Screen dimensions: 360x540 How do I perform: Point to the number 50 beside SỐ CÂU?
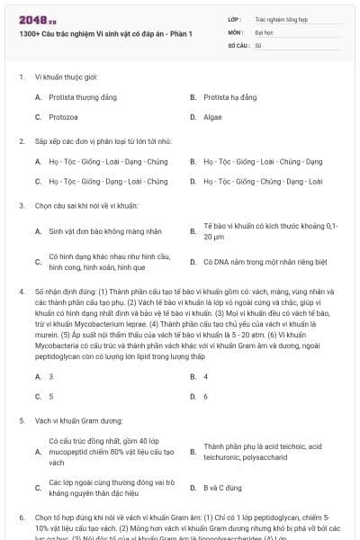point(258,45)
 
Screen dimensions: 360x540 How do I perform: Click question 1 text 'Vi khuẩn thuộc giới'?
point(72,77)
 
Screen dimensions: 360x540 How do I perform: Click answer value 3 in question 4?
point(50,376)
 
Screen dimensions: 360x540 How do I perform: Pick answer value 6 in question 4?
point(206,396)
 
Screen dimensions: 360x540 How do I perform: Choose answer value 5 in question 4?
point(50,396)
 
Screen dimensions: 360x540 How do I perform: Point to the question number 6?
point(22,519)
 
